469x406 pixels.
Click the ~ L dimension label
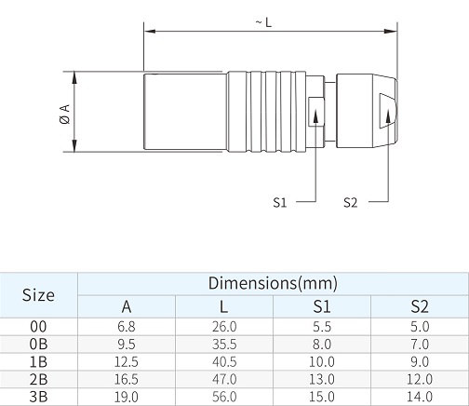263,22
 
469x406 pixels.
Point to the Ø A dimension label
65,115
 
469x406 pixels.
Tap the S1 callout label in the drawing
280,202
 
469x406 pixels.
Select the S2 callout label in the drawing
351,202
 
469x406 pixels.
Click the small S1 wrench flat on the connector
316,112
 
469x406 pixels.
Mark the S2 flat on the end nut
388,111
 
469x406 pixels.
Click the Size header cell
38,295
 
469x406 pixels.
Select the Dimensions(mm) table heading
273,283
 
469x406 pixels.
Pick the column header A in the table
127,306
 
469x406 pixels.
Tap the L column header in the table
223,306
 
